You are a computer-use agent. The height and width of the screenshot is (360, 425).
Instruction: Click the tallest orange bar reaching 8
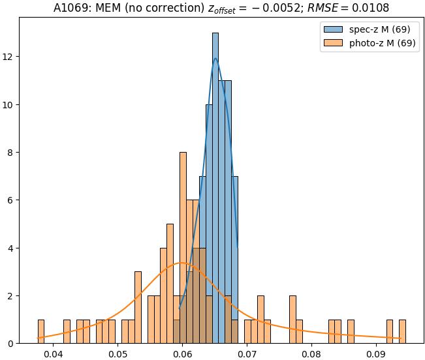click(183, 248)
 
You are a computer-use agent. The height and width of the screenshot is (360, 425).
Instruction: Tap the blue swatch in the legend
click(330, 30)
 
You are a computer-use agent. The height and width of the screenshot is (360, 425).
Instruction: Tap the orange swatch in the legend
click(330, 44)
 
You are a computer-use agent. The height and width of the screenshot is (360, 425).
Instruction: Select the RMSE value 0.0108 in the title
click(370, 8)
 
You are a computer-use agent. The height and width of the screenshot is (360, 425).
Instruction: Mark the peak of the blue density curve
click(215, 59)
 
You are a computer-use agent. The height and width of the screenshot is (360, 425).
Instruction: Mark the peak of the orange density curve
click(182, 263)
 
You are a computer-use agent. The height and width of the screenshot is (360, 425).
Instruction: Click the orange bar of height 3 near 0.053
click(138, 307)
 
